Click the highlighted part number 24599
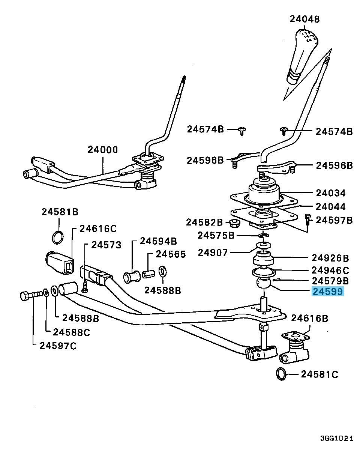(327, 291)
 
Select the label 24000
(103, 149)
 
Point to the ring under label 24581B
(57, 237)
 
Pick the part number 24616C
(98, 229)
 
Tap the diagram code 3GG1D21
(336, 439)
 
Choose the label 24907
(213, 253)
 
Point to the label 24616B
(309, 318)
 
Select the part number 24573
(106, 245)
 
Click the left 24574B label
(205, 129)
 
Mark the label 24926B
(330, 258)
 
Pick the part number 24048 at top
(304, 19)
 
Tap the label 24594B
(158, 241)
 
